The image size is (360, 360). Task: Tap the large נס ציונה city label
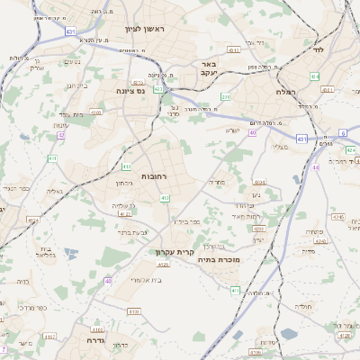point(131,91)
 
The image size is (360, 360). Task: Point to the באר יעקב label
point(209,68)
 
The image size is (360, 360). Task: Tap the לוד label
point(317,50)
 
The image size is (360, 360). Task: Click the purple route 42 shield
point(61,136)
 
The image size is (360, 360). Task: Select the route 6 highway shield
point(343,132)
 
